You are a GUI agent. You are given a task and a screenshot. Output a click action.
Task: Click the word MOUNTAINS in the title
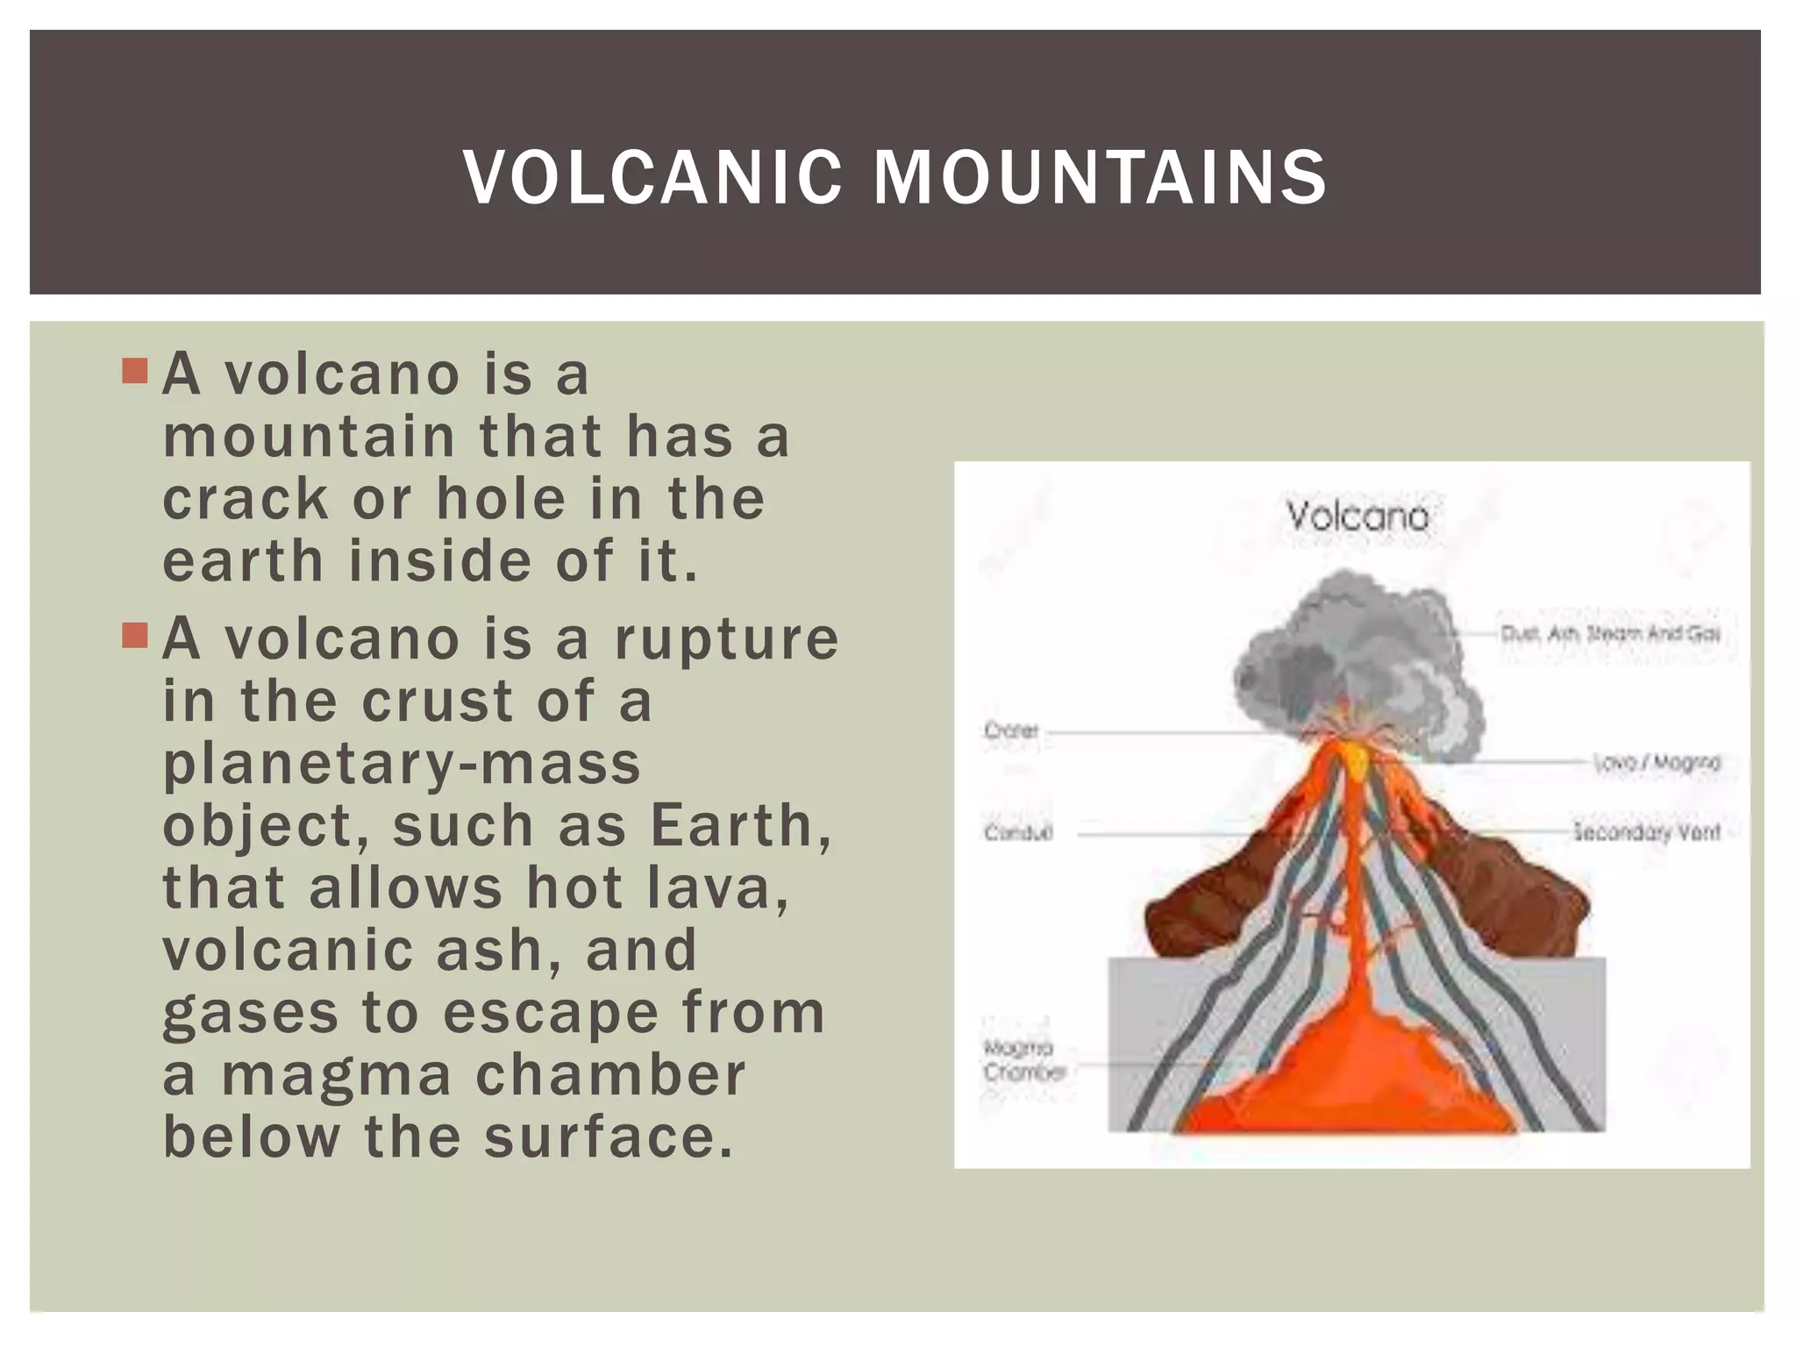coord(1100,178)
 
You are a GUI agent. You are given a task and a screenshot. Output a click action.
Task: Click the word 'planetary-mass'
coord(403,763)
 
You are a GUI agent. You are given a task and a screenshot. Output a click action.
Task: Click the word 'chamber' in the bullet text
coord(610,1075)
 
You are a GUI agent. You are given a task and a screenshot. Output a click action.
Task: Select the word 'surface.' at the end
coord(608,1137)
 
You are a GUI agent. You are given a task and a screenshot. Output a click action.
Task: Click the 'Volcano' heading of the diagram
coord(1358,516)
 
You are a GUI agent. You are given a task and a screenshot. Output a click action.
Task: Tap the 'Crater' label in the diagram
coord(1011,730)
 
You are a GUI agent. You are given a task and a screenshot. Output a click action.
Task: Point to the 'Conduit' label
coord(1017,832)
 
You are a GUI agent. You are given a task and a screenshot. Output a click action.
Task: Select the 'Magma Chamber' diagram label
coord(1022,1059)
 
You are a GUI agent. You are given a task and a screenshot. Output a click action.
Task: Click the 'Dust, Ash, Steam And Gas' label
coord(1610,632)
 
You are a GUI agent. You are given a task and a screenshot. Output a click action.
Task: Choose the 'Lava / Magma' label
coord(1657,763)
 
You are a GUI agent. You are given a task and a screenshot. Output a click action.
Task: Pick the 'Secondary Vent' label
coord(1646,831)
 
